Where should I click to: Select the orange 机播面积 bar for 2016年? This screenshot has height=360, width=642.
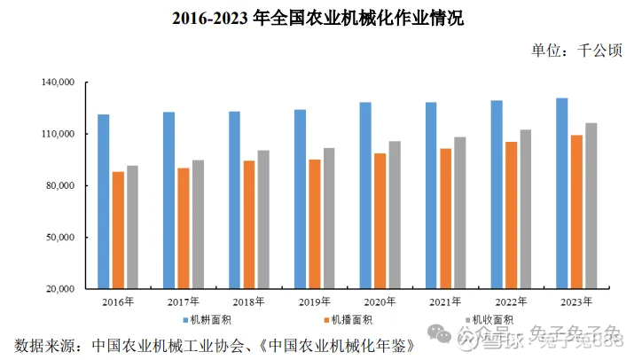pyautogui.click(x=118, y=230)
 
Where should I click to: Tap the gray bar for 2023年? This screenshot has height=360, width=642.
pyautogui.click(x=591, y=206)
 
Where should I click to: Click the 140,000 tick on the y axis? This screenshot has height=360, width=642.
pyautogui.click(x=59, y=83)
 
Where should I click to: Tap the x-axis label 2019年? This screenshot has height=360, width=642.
pyautogui.click(x=313, y=301)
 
